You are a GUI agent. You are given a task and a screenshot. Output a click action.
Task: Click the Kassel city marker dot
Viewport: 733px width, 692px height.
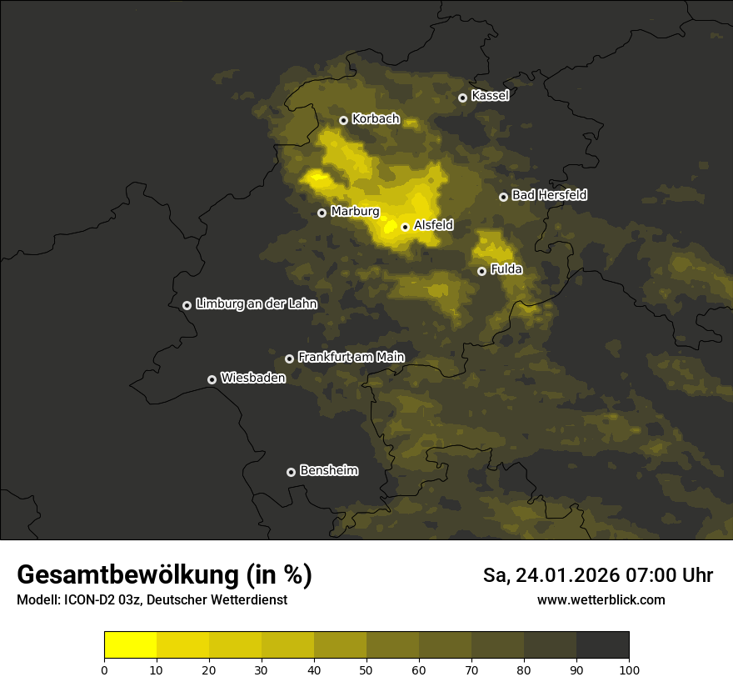click(x=462, y=98)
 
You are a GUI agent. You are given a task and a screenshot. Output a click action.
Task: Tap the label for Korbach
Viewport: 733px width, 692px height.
click(x=376, y=119)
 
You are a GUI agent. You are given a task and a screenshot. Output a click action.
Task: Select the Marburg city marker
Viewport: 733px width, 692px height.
click(x=322, y=213)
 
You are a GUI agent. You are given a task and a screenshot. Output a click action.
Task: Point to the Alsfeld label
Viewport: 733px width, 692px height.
click(x=433, y=225)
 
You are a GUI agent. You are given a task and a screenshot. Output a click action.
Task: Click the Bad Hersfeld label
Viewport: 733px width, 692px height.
click(x=549, y=195)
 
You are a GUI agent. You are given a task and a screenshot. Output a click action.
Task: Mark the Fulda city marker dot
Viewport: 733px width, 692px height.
click(x=481, y=271)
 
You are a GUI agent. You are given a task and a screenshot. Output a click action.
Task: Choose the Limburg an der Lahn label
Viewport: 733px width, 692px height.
click(x=256, y=304)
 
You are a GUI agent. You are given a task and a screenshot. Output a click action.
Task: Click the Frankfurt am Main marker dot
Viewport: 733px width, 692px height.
click(x=289, y=359)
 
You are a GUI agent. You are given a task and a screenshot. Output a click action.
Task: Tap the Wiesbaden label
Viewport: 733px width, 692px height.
click(x=252, y=378)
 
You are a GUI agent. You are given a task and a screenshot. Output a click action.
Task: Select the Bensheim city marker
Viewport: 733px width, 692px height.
click(x=291, y=472)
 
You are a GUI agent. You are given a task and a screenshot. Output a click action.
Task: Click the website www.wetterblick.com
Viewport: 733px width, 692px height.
click(x=601, y=599)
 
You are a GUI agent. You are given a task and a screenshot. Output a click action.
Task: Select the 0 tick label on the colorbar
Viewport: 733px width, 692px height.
click(x=104, y=669)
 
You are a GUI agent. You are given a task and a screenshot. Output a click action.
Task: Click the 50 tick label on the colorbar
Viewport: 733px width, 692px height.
click(x=366, y=669)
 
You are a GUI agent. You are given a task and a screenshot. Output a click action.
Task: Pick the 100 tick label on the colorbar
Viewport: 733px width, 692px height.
click(x=629, y=669)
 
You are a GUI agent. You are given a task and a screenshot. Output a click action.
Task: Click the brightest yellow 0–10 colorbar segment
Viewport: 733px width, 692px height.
click(x=130, y=644)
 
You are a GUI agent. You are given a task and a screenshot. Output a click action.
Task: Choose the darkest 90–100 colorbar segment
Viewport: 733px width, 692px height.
click(x=602, y=644)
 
